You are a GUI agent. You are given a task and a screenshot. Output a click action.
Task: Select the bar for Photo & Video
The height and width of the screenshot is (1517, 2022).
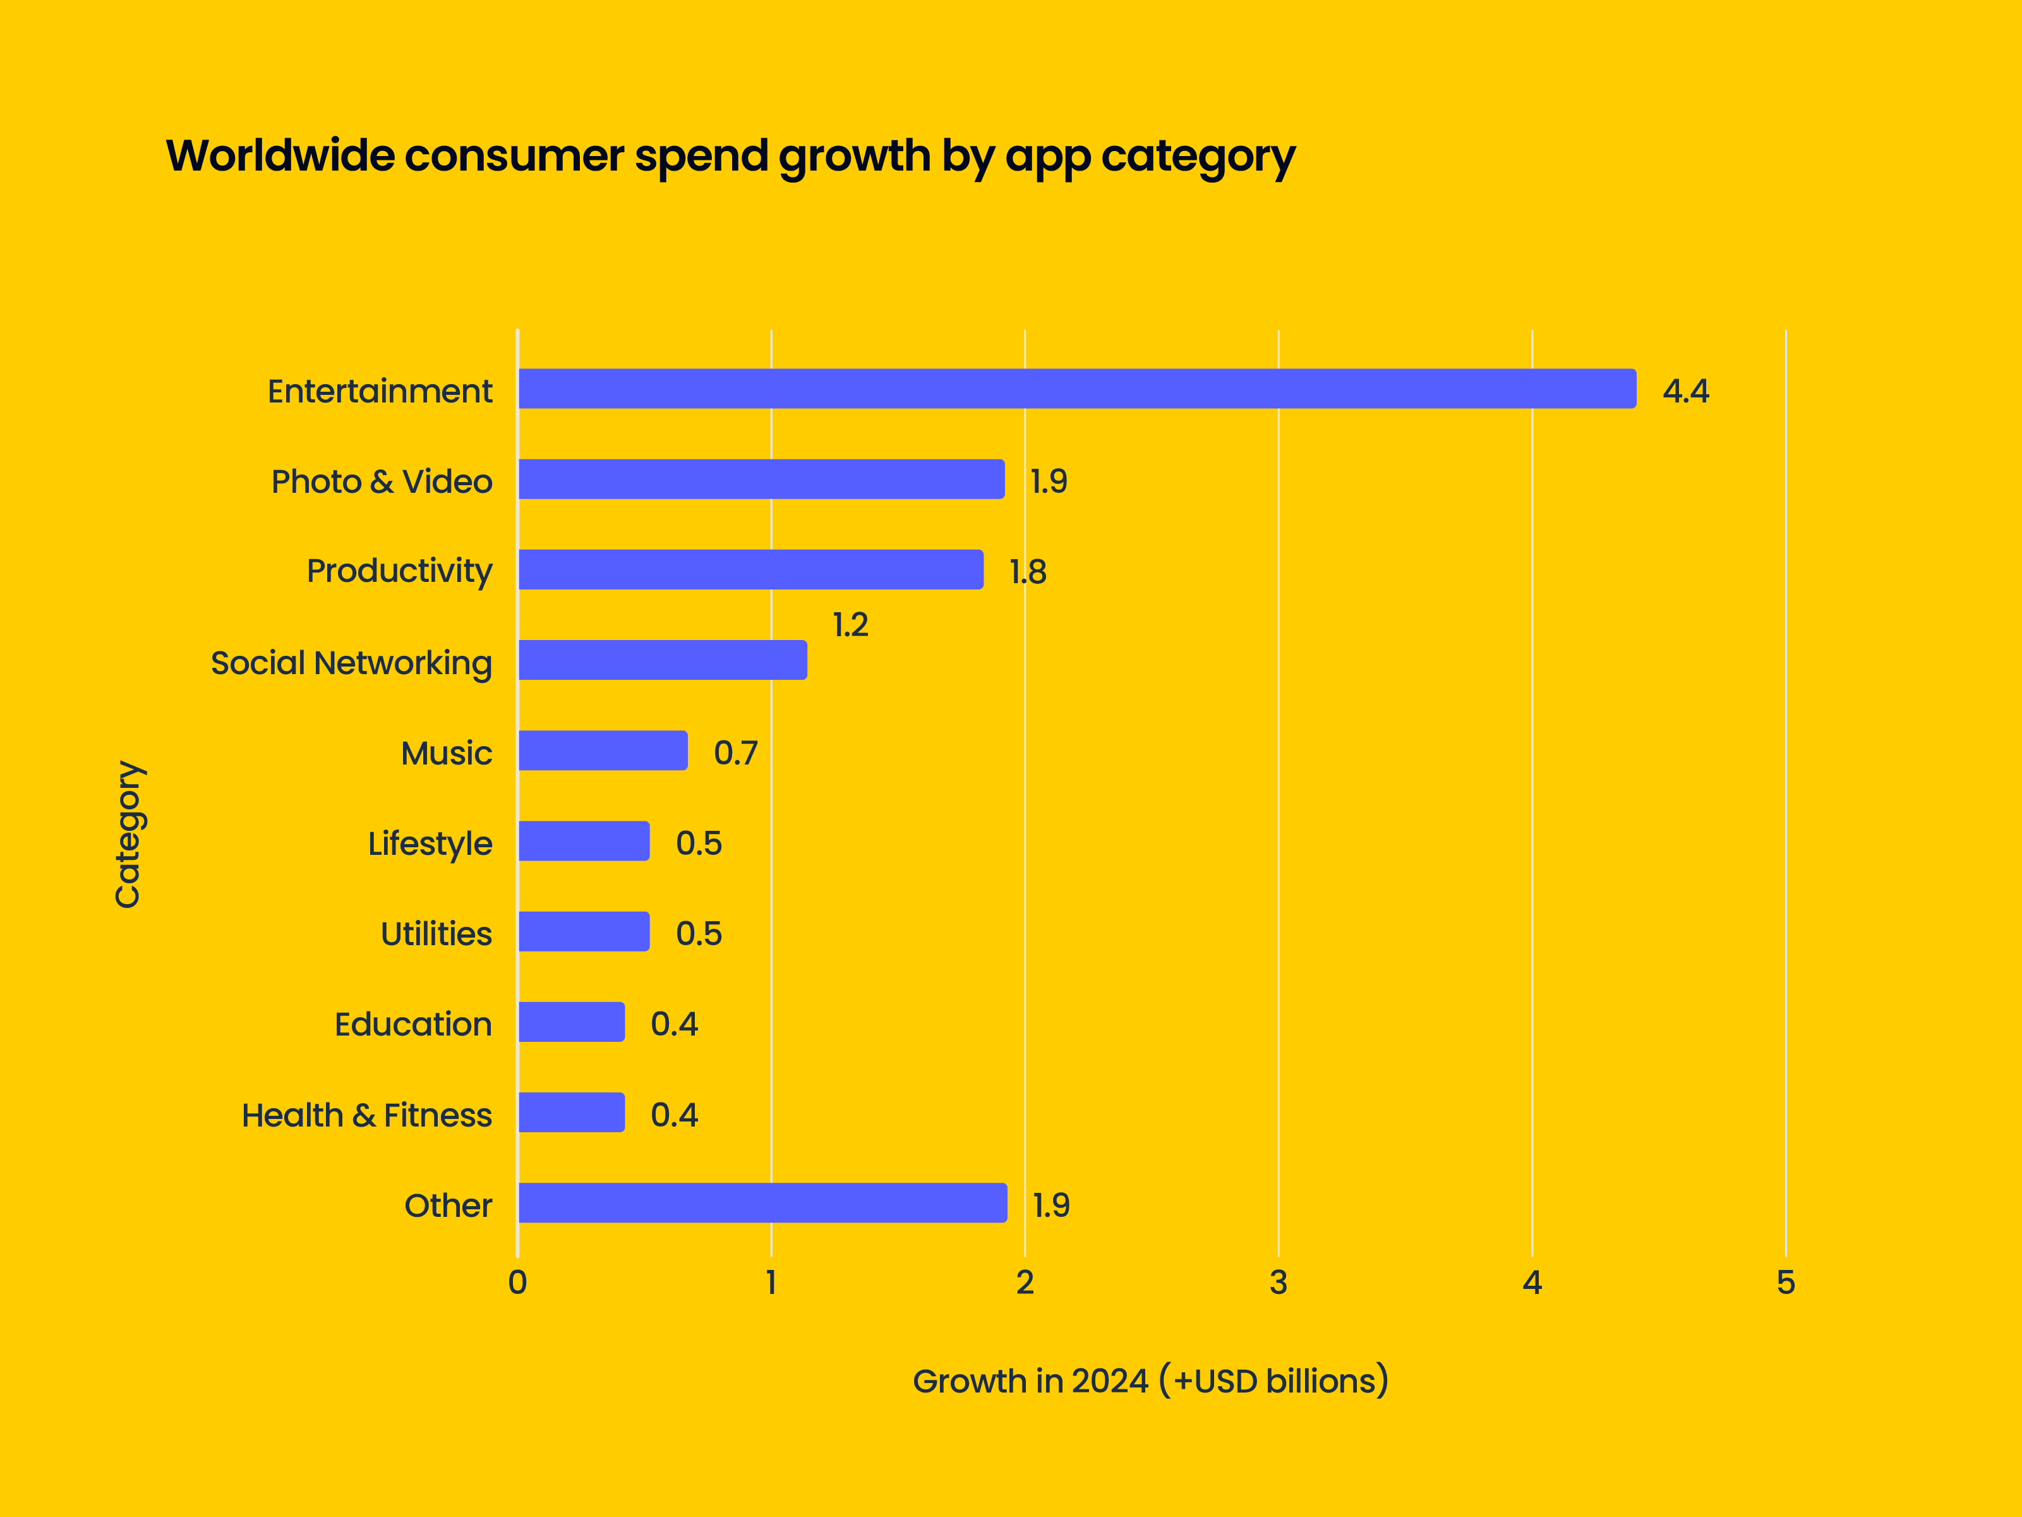click(x=761, y=479)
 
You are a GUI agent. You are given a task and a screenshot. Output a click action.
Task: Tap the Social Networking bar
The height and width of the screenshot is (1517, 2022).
click(x=662, y=660)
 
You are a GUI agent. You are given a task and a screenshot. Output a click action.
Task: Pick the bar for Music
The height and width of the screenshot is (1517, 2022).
click(x=603, y=751)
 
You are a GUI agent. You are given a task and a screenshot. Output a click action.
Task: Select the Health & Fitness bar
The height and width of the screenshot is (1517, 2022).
click(x=571, y=1112)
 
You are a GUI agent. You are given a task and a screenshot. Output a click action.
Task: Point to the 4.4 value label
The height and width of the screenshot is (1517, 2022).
click(x=1685, y=391)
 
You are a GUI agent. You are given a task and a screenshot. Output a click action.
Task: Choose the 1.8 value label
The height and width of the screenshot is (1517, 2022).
click(x=1028, y=572)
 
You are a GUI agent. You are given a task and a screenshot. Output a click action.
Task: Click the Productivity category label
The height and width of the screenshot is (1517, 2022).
click(x=399, y=572)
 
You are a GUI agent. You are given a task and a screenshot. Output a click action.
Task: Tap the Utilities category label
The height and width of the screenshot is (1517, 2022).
click(x=436, y=934)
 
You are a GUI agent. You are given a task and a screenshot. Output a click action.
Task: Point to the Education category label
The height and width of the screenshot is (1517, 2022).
click(x=412, y=1024)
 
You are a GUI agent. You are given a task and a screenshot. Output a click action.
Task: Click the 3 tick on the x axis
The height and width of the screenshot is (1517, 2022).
click(x=1278, y=1283)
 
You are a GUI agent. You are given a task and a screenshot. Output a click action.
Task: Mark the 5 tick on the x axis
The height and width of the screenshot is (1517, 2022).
click(x=1785, y=1283)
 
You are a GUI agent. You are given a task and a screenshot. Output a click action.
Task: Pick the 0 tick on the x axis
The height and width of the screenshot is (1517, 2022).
click(x=517, y=1283)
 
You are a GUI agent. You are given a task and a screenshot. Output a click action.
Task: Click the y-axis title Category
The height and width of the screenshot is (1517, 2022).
click(x=128, y=834)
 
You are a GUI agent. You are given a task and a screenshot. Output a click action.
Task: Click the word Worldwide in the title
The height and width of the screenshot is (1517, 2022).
click(x=280, y=155)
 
